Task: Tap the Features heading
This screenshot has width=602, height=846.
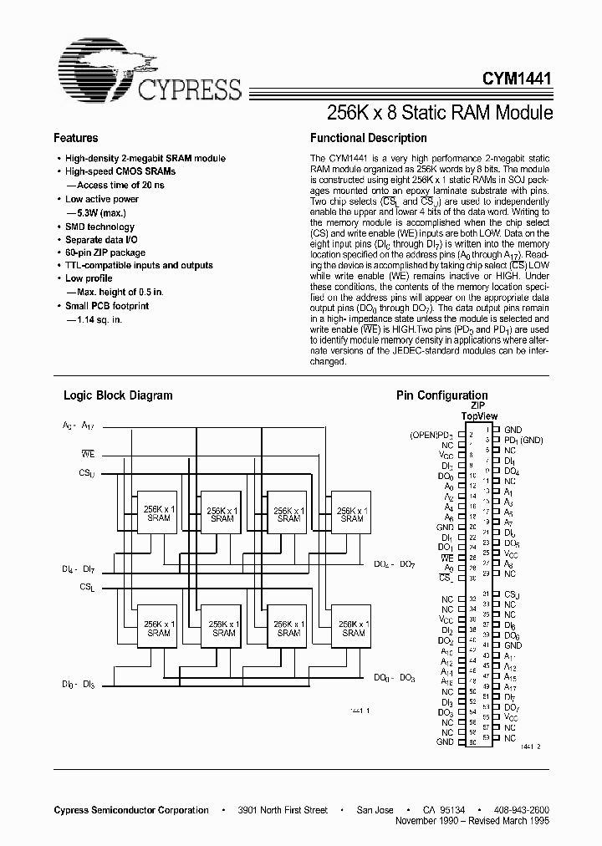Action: click(75, 138)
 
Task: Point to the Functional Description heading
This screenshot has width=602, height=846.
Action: click(368, 138)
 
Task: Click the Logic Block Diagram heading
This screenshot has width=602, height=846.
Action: click(118, 395)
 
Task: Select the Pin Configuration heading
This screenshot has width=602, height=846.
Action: click(441, 395)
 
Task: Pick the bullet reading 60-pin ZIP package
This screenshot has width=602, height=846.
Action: click(105, 252)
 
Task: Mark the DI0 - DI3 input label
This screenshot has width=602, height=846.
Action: click(78, 685)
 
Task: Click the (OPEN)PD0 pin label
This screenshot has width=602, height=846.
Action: click(431, 436)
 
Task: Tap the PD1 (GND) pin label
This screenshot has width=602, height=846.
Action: click(523, 440)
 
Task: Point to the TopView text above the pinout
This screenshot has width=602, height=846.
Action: click(479, 415)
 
